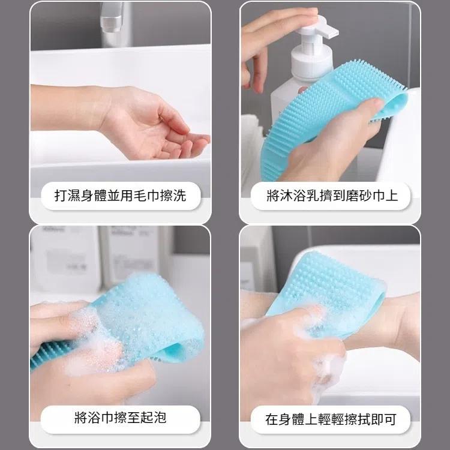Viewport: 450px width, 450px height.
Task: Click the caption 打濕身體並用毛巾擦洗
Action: pos(120,196)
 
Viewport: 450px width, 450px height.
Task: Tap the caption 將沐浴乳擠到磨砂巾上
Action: pos(332,196)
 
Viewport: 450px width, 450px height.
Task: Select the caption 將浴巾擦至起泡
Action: pos(120,418)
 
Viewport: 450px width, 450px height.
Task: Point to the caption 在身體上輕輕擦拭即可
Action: pos(331,419)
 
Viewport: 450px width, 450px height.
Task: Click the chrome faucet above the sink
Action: pos(114,21)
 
